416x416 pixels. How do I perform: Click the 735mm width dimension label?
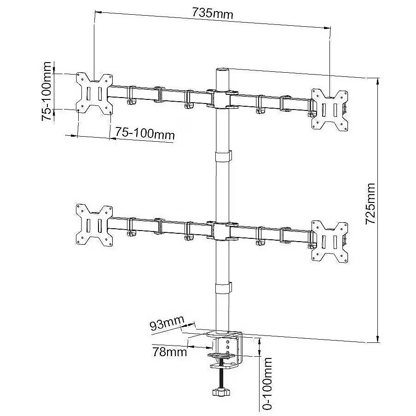(x=212, y=13)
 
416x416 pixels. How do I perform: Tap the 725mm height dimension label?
(x=370, y=203)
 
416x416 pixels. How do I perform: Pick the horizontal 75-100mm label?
(x=145, y=133)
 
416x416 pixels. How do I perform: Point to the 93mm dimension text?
(x=167, y=323)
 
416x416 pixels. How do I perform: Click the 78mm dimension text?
(x=170, y=352)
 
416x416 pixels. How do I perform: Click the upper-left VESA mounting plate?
(x=94, y=93)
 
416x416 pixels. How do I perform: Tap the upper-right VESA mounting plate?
(x=329, y=110)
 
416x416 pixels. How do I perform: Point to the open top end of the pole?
(x=222, y=70)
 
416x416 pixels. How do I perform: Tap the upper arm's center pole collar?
(x=222, y=99)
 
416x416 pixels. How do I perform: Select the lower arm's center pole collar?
(x=222, y=231)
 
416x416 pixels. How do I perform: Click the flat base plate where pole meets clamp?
(x=224, y=334)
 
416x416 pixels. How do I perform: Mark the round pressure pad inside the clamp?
(x=222, y=356)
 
